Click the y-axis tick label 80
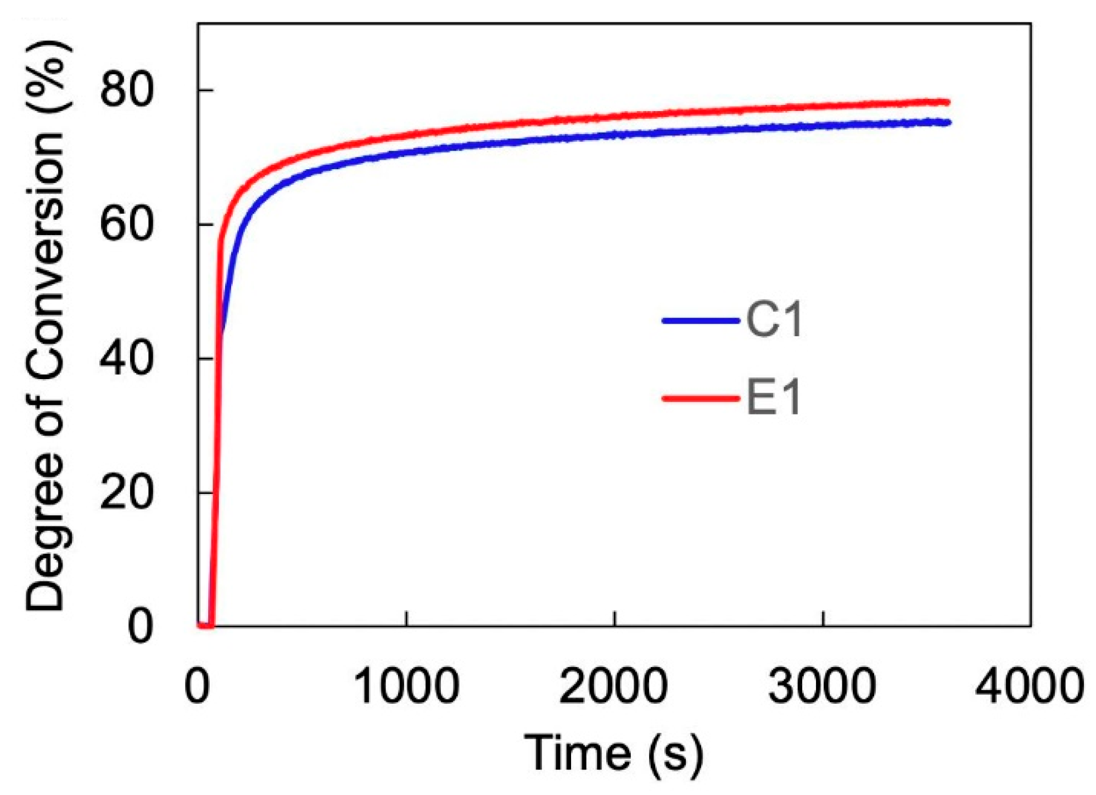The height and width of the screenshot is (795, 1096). click(x=126, y=90)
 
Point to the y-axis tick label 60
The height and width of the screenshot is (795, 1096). click(x=126, y=224)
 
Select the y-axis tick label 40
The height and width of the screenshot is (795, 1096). click(x=126, y=359)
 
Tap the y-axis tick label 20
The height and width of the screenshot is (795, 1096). click(x=126, y=492)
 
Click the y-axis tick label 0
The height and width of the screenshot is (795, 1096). click(x=139, y=626)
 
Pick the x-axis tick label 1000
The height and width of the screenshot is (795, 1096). click(x=406, y=686)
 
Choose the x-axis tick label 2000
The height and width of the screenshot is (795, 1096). click(x=613, y=686)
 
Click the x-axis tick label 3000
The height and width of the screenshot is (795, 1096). click(x=821, y=686)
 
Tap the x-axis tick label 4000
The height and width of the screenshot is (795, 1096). click(x=1029, y=686)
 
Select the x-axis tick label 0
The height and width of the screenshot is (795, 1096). click(x=197, y=686)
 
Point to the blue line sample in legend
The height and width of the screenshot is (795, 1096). click(x=701, y=320)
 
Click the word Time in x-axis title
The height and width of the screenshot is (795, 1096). click(x=577, y=753)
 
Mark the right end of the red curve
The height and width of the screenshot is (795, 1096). click(x=948, y=102)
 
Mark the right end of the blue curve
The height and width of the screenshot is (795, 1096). click(x=949, y=123)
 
